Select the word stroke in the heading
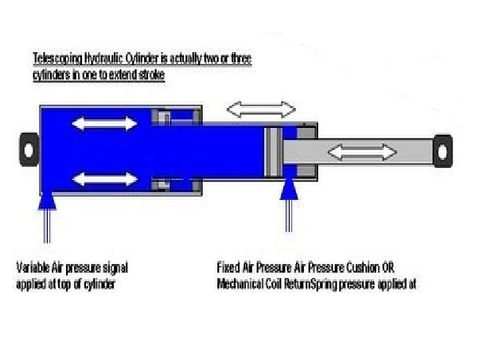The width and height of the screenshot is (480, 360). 151,75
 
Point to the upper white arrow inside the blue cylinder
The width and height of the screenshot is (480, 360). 104,123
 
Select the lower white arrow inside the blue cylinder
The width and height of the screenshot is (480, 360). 104,179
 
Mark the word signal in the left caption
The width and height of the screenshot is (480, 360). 113,268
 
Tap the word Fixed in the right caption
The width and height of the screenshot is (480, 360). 229,268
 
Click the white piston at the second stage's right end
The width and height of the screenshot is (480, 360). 271,151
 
